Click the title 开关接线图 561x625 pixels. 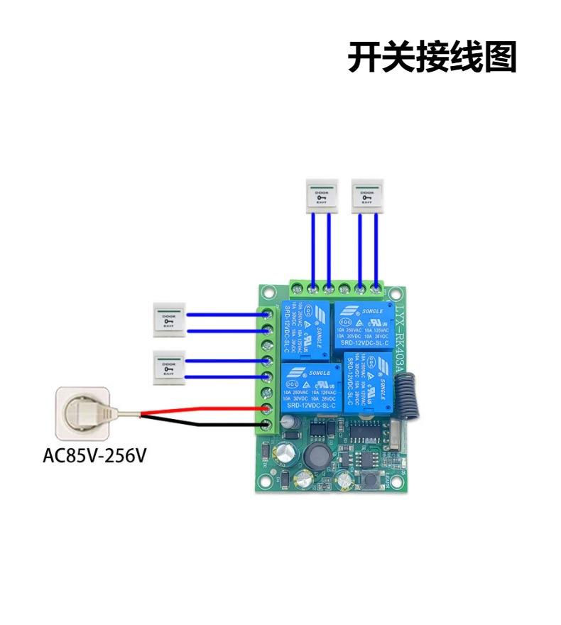[432, 57]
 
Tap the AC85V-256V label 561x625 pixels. [94, 455]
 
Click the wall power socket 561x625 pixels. [84, 413]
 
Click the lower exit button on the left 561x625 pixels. [169, 368]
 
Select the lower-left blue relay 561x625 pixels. [312, 386]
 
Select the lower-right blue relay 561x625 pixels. [366, 380]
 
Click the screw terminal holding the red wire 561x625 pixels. [268, 410]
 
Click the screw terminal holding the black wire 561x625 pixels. [268, 425]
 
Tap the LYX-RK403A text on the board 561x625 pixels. [399, 334]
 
